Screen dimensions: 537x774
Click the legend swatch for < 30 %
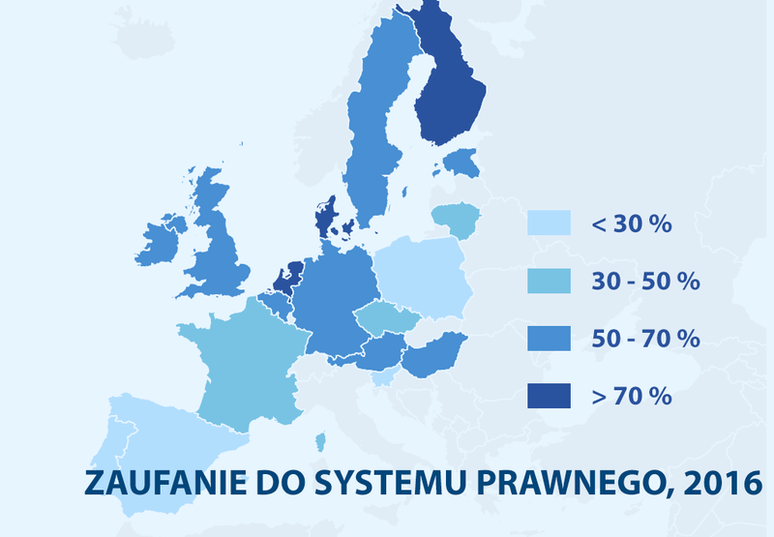point(548,224)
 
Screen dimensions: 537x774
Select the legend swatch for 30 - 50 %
point(548,281)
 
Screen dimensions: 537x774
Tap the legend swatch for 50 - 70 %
point(548,338)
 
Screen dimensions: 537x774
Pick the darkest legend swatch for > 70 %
point(548,395)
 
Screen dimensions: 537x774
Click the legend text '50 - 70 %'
point(643,339)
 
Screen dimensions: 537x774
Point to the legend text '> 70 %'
point(631,396)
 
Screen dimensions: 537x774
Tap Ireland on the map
point(161,242)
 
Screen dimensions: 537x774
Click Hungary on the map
point(434,355)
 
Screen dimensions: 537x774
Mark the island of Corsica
point(320,441)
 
